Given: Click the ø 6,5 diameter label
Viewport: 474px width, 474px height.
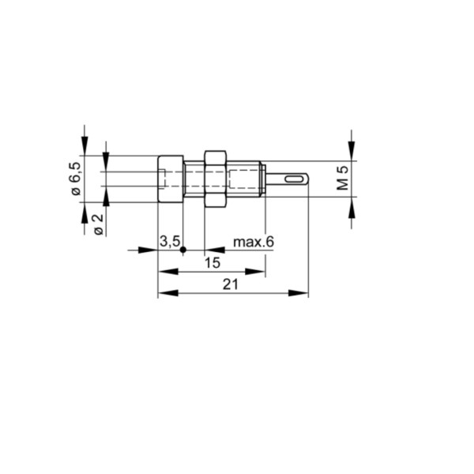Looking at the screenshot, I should click(75, 179).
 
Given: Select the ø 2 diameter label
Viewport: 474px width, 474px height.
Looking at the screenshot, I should click(97, 224).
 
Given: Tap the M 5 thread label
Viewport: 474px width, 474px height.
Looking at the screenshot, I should click(342, 178).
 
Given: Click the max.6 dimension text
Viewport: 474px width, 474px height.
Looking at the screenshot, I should click(253, 241).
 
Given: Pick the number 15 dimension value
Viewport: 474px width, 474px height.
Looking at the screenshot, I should click(212, 264).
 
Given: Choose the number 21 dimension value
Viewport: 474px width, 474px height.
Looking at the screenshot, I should click(230, 285).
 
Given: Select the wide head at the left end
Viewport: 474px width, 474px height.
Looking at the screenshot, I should click(170, 179).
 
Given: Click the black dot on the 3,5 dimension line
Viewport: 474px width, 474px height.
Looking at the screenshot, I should click(183, 250).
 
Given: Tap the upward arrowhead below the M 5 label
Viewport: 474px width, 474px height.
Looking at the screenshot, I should click(352, 203).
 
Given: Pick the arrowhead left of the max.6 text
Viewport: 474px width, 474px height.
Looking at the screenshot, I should click(213, 250).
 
